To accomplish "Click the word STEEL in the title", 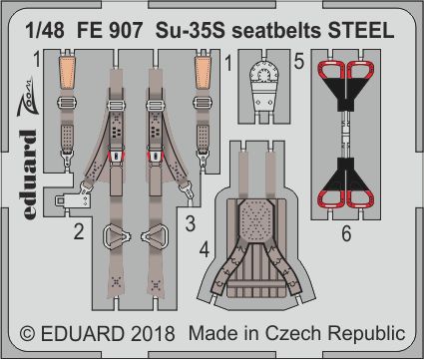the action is coord(361,31).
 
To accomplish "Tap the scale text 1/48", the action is coord(45,31).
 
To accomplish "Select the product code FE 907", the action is coord(110,31).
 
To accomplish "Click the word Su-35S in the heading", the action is coord(190,31).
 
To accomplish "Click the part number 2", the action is coord(79,231).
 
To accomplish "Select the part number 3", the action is coord(190,223).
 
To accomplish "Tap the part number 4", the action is coord(205,249).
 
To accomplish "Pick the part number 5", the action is coord(299,62).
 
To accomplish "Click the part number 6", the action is coord(346,233).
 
